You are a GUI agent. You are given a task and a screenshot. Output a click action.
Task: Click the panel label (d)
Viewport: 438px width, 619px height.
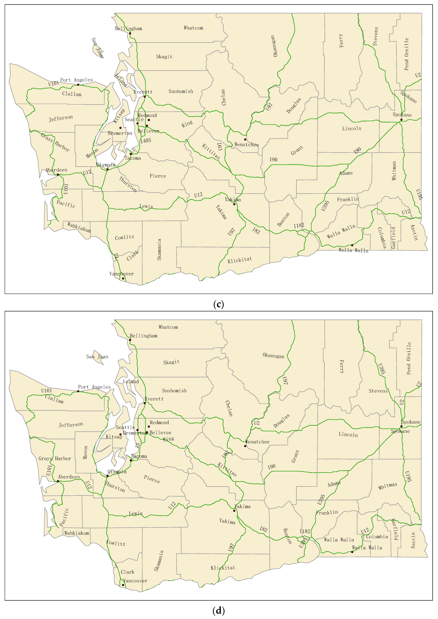point(218,611)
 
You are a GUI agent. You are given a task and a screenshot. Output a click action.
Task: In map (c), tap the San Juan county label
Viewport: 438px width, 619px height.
point(98,48)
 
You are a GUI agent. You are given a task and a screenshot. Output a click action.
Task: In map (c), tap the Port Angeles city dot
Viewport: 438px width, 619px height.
point(78,85)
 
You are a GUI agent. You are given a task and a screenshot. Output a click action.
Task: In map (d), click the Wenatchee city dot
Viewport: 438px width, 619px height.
point(245,446)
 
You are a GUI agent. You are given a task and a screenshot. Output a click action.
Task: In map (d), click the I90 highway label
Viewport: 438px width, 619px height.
point(272,466)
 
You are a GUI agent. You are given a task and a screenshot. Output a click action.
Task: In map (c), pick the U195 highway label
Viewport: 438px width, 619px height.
point(419,194)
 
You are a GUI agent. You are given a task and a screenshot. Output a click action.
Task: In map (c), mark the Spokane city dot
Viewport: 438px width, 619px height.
point(401,119)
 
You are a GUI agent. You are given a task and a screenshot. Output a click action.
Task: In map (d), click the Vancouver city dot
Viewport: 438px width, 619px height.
point(123,585)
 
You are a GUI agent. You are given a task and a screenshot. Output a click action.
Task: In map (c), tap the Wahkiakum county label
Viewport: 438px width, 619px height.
point(79,227)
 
